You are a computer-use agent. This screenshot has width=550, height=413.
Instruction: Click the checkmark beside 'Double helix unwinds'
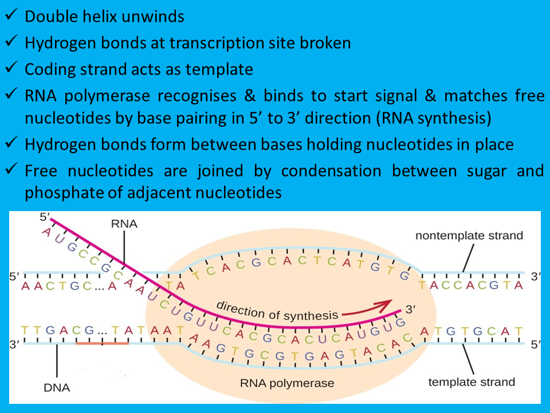(x=13, y=15)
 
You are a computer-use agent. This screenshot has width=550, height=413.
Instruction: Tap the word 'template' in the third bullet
(x=221, y=69)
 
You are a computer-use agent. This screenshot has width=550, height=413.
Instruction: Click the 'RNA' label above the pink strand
(x=125, y=224)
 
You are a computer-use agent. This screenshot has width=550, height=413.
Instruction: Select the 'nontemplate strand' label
(x=469, y=236)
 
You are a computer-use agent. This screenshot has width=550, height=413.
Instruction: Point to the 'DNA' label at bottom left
(x=57, y=388)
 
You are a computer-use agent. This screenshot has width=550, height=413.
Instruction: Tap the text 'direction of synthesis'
(x=277, y=310)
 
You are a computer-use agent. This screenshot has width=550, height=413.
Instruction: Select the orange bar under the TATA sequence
(x=102, y=343)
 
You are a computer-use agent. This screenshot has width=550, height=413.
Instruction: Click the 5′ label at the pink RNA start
(x=46, y=217)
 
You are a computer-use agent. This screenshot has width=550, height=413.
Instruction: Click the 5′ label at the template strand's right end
(x=535, y=345)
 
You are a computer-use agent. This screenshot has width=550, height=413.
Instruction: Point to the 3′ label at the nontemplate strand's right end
(x=536, y=276)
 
